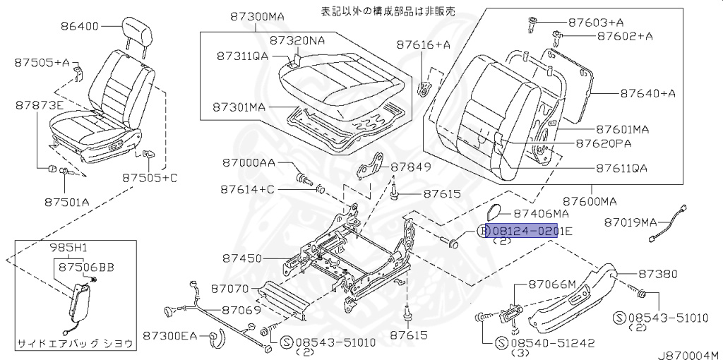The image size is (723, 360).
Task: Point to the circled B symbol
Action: (484, 231)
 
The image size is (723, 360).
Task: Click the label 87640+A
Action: (648, 93)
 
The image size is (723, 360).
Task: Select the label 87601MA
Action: (622, 129)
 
